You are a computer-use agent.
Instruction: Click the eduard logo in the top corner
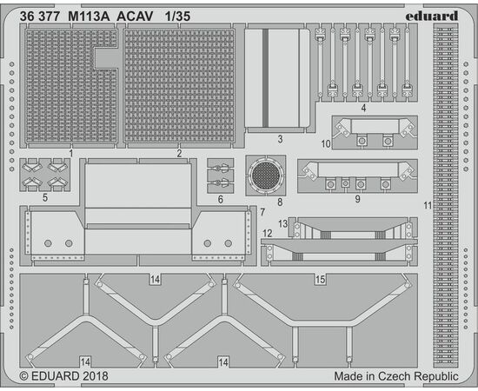[432, 17]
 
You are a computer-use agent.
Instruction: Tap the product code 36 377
[40, 17]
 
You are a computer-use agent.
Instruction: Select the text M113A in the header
[89, 17]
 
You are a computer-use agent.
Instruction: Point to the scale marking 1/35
[177, 17]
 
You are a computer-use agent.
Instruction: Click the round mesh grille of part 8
[266, 176]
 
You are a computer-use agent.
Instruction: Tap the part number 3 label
[280, 139]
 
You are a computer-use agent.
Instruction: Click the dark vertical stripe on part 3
[266, 78]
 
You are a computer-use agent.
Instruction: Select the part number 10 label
[326, 143]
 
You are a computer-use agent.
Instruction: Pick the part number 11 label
[428, 206]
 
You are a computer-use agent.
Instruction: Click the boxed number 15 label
[320, 280]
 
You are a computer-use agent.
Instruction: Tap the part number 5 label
[45, 198]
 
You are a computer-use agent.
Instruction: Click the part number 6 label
[221, 200]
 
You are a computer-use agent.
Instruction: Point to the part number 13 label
[282, 223]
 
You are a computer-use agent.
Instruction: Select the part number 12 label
[268, 234]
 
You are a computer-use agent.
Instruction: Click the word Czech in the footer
[392, 376]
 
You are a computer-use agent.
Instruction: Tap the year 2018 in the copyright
[95, 376]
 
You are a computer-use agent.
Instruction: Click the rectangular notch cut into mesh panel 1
[106, 58]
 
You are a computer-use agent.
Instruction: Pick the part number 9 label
[357, 199]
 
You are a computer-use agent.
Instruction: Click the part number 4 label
[363, 108]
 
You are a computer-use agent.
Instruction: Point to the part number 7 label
[262, 212]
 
